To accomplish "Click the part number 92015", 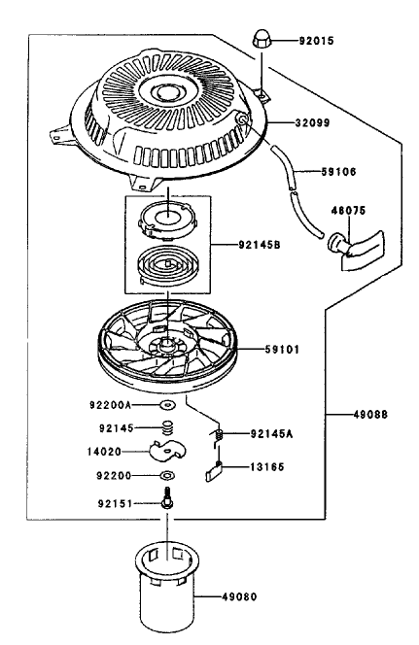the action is point(316,41).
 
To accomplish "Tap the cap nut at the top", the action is point(261,41).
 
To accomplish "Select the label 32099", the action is point(312,122).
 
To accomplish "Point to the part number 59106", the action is point(338,172).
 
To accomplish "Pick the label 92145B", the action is point(260,245).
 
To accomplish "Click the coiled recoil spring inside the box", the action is point(167,266).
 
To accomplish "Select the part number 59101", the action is point(282,350).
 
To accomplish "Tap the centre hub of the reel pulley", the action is point(167,342).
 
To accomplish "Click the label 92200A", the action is point(110,405).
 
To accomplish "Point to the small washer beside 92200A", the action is point(167,405).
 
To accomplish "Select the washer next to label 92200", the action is point(167,476).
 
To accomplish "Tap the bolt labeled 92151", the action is point(167,498).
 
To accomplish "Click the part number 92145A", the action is point(271,434).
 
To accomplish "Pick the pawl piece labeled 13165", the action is point(213,471).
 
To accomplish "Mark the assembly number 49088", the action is point(370,414).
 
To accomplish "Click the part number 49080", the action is point(239,596).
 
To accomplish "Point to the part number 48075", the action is point(348,211).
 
